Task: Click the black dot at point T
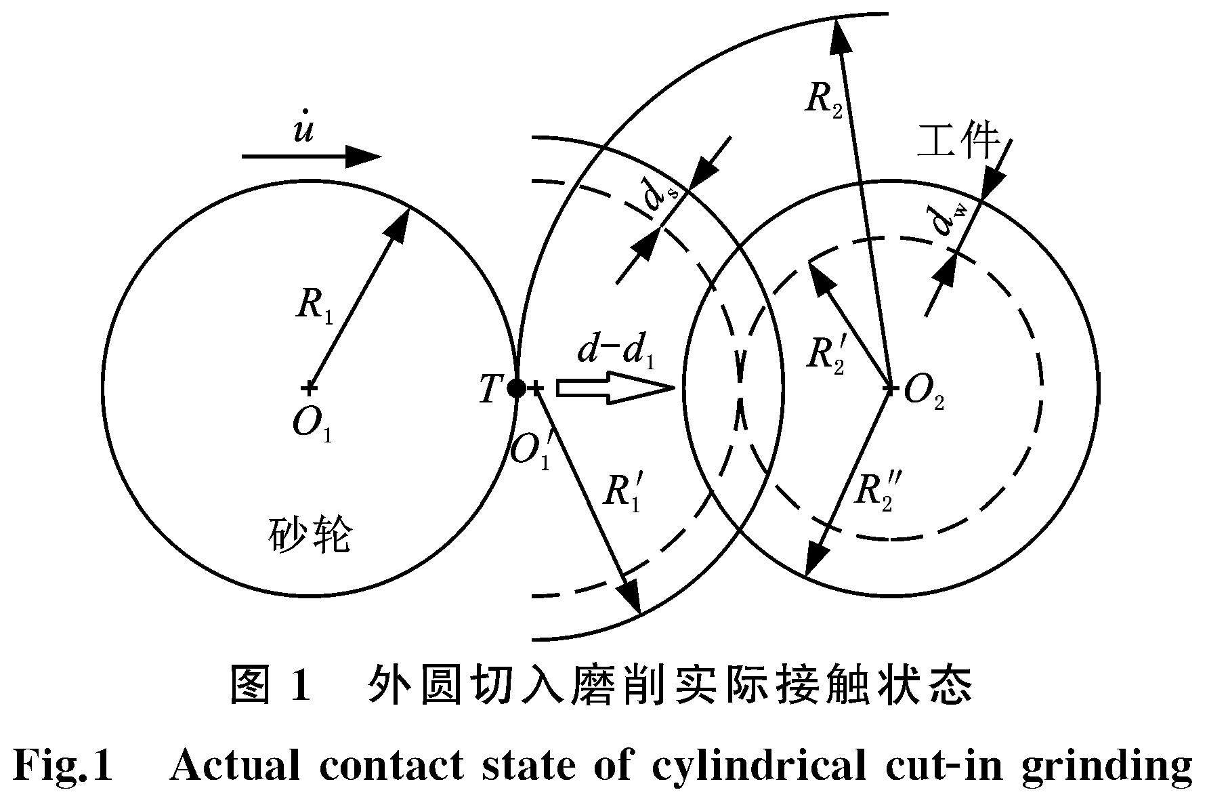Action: (517, 388)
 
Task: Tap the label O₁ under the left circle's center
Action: (312, 426)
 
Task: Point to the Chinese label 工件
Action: (958, 143)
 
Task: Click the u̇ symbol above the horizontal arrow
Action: (303, 126)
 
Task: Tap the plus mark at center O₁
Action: (309, 388)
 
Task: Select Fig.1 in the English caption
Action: (62, 766)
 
